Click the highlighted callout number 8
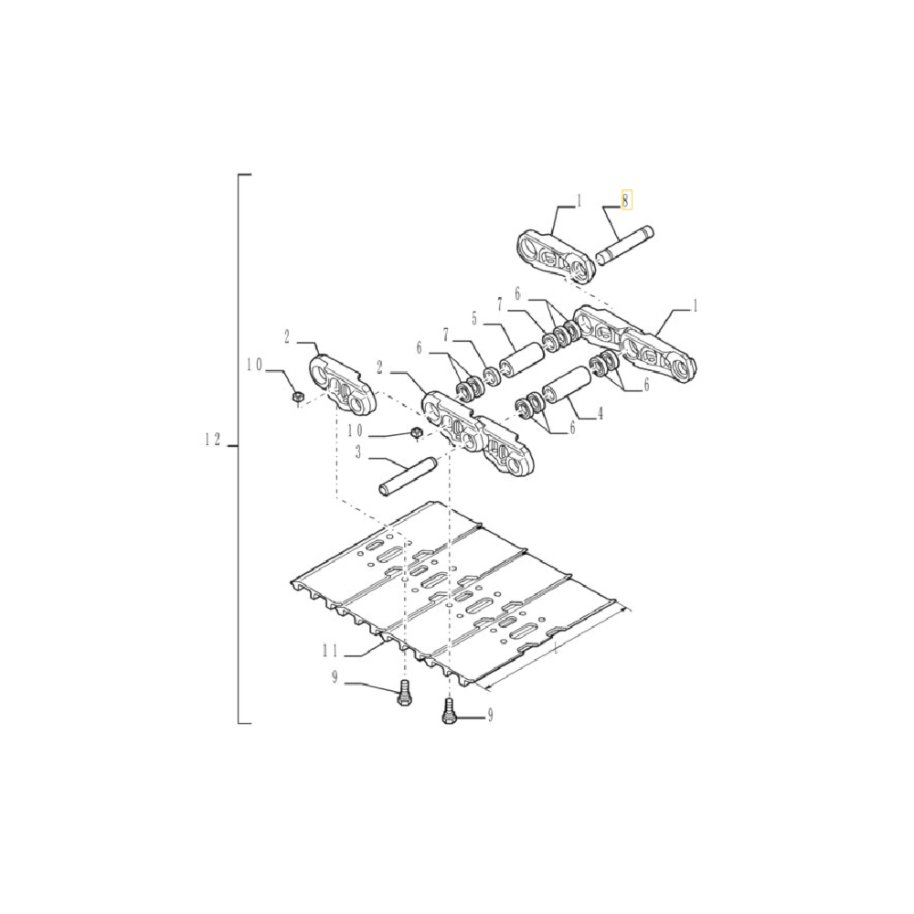[626, 200]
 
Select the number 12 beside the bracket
[213, 441]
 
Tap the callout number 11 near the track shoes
[330, 651]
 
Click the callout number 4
[600, 414]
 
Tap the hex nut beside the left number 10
[296, 396]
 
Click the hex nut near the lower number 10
[417, 431]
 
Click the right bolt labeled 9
[448, 711]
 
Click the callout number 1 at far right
[694, 307]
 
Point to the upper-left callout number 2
[286, 337]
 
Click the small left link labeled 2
[345, 387]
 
